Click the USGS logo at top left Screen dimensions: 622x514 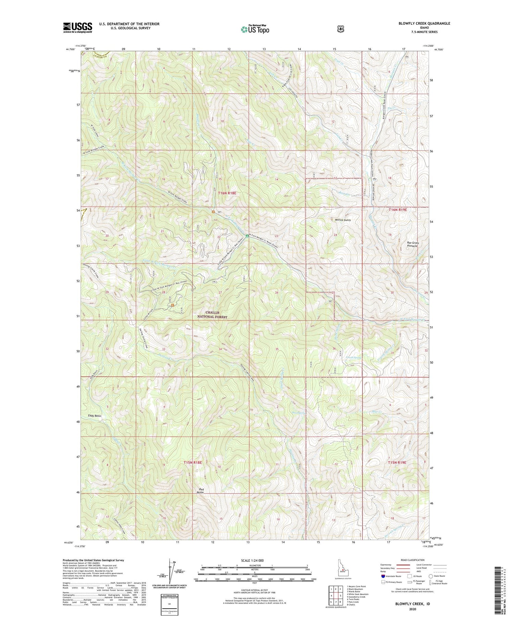point(77,27)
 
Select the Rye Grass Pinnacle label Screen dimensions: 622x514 point(412,244)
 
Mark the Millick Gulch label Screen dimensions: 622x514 point(341,220)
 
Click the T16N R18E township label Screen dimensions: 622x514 point(227,193)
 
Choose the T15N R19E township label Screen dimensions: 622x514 point(397,462)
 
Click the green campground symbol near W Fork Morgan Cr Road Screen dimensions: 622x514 point(247,236)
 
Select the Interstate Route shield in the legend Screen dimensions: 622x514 point(383,576)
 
